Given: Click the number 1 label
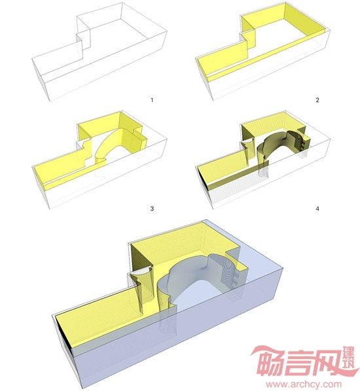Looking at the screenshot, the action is click(x=152, y=100).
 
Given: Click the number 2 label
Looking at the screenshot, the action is click(x=317, y=100).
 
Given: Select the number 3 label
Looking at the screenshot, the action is click(x=152, y=208).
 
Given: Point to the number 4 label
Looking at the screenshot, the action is click(x=317, y=208).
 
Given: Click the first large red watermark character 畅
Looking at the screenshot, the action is click(x=270, y=362).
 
